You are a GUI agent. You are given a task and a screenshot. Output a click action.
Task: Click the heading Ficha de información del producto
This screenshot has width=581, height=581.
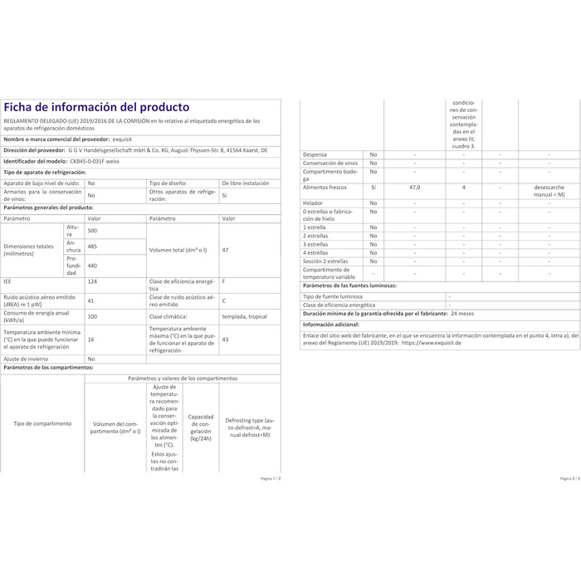coord(96,107)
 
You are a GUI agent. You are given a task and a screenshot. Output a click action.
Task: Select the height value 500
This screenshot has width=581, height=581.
coord(93,230)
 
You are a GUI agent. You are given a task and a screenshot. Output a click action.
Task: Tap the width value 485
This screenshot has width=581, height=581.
coord(93,247)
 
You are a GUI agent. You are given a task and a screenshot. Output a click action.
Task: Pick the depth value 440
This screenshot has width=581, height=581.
coord(93,265)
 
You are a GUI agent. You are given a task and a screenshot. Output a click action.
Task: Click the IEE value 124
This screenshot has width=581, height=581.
coord(92,282)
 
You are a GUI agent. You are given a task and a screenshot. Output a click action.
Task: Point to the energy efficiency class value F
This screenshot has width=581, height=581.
coord(224,282)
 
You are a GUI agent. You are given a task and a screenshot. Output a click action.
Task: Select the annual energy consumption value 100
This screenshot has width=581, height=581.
coord(93,316)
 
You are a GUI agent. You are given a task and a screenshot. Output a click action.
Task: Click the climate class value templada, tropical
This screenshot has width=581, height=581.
coord(245,316)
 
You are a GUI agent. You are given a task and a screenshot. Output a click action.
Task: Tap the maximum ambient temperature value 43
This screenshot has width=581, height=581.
coord(226,339)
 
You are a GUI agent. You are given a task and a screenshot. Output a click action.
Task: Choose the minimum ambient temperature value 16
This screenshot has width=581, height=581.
coord(91,339)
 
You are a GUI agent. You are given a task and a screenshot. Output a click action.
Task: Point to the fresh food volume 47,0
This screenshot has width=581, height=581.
coord(415,188)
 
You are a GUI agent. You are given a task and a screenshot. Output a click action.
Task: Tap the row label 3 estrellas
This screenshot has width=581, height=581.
coord(316,244)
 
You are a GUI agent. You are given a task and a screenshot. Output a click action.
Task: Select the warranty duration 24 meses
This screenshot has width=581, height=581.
coord(462,315)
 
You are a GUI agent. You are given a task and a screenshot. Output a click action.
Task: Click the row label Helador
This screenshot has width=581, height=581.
coord(315,203)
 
